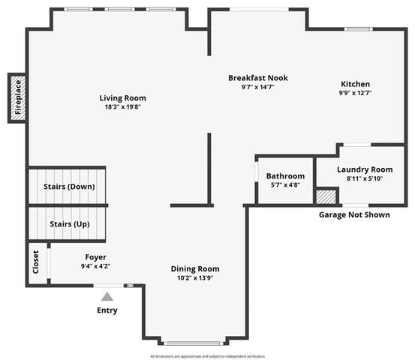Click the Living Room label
[123, 97]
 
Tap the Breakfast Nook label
[258, 78]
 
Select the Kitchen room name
[356, 84]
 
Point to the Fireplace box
[17, 97]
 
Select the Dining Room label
[195, 269]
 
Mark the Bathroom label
[286, 176]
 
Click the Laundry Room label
[365, 169]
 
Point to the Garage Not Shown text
[354, 214]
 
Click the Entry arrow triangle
[108, 296]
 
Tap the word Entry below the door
[107, 310]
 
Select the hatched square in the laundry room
[326, 196]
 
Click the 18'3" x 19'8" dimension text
[123, 107]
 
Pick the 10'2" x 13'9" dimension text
[195, 279]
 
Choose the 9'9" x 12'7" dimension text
[356, 93]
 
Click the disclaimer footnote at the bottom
[207, 355]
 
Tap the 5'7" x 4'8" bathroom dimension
[286, 184]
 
